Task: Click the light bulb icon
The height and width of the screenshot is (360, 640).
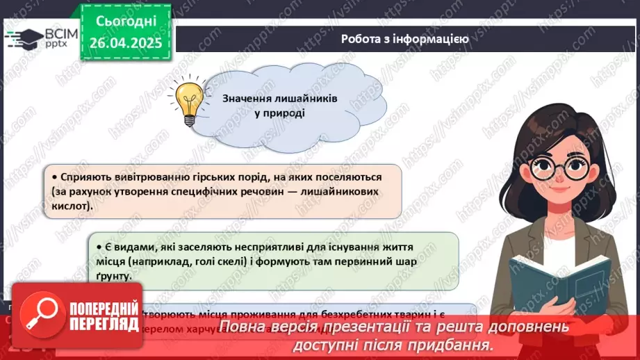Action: (x=188, y=102)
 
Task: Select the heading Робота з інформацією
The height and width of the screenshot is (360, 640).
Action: (x=405, y=39)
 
